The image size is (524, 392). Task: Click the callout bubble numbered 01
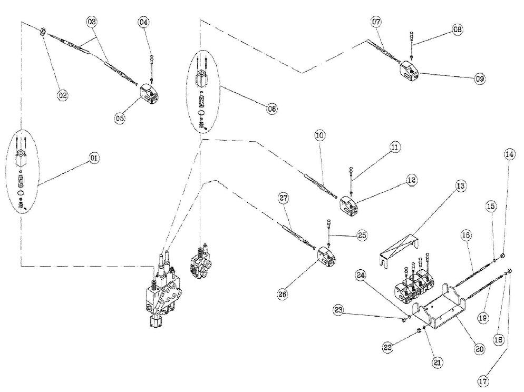click(x=94, y=158)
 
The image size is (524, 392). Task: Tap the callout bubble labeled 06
click(x=271, y=109)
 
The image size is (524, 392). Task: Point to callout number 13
click(x=460, y=186)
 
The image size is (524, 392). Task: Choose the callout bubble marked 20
click(x=479, y=348)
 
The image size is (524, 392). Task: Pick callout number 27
click(x=284, y=198)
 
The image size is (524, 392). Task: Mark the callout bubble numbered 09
click(x=479, y=79)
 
